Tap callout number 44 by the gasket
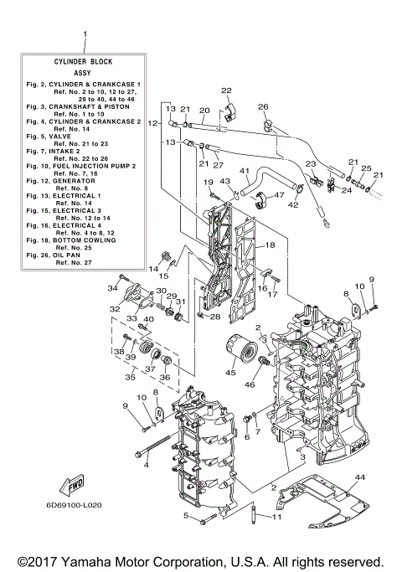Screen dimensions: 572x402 360,477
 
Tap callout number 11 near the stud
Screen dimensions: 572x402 276,517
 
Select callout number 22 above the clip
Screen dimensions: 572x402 226,90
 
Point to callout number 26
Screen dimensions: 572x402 262,107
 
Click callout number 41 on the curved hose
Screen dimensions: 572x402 245,171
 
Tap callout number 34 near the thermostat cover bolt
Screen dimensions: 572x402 112,288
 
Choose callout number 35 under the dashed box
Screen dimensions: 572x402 130,378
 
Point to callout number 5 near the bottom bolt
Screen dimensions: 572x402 186,515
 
